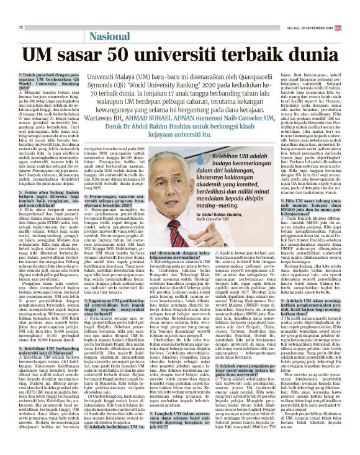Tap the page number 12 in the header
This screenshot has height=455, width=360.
click(21, 27)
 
